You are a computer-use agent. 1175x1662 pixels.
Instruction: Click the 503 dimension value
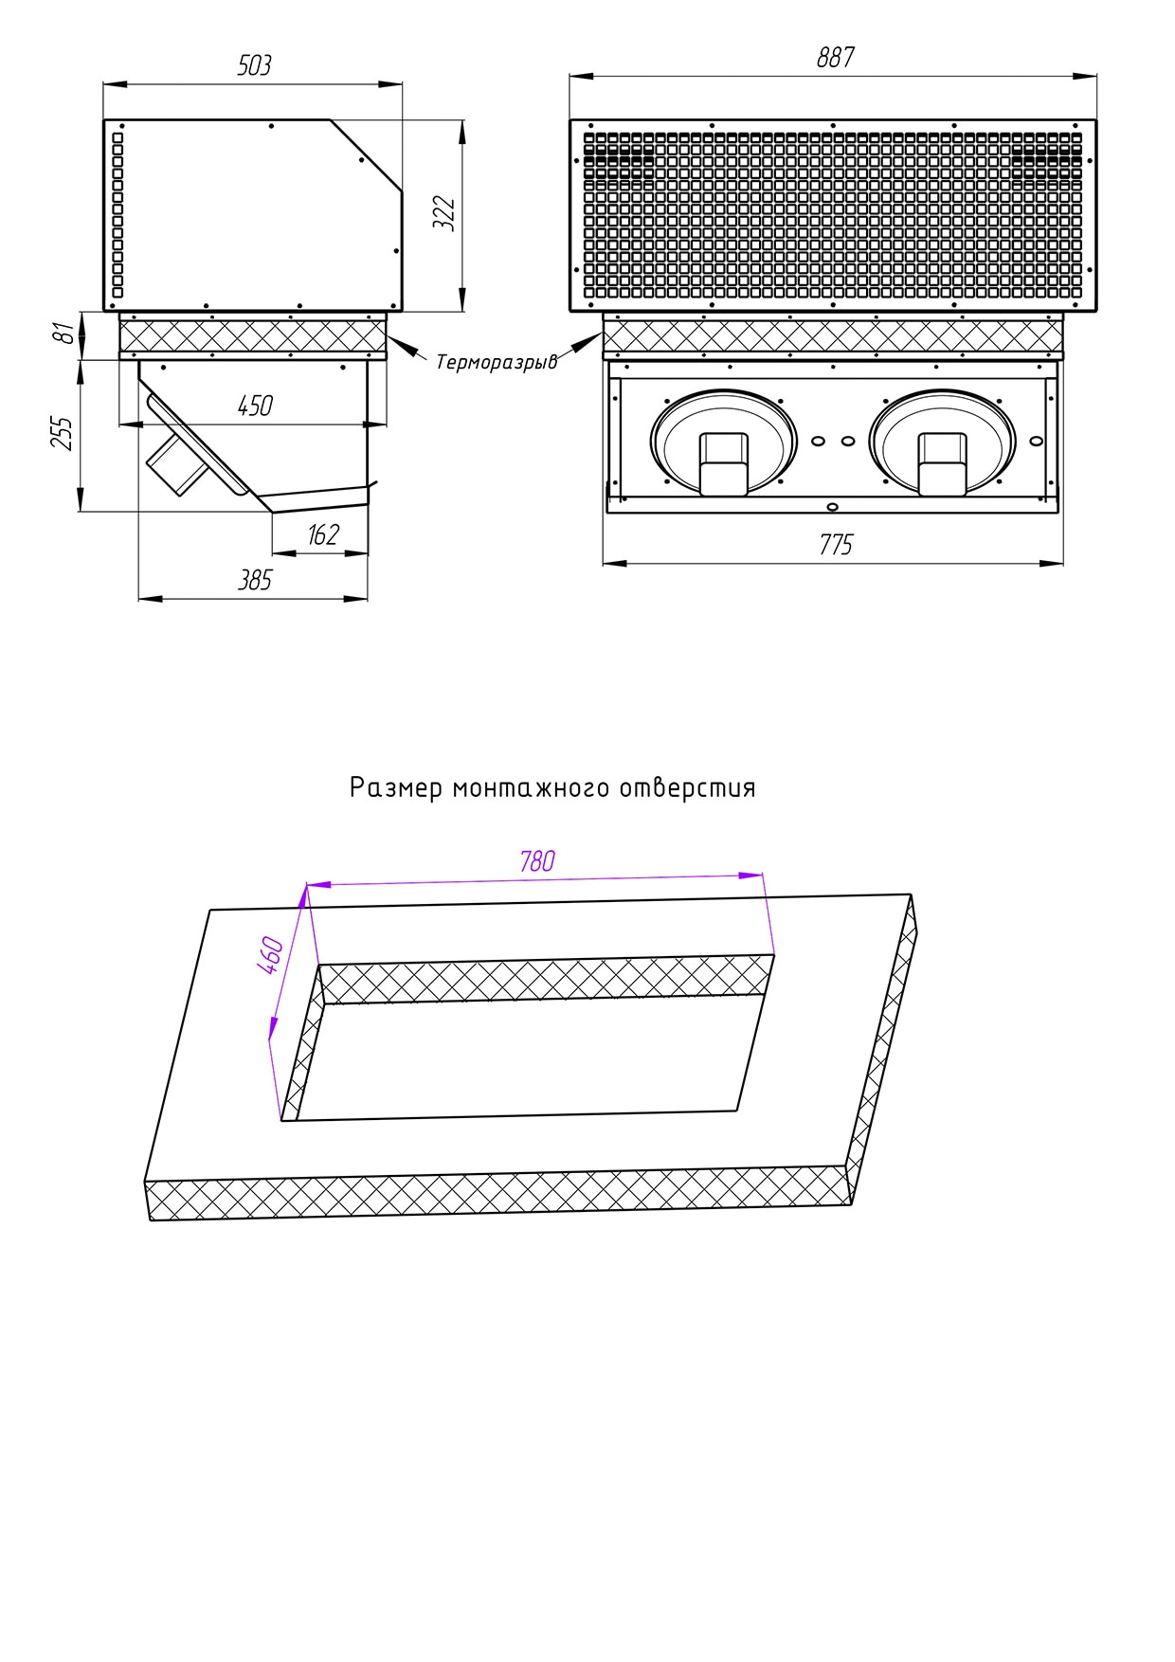(254, 65)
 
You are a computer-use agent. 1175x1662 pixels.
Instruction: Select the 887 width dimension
(836, 58)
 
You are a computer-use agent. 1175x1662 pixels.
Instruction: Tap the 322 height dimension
(444, 213)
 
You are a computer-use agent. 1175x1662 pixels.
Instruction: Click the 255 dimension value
(63, 433)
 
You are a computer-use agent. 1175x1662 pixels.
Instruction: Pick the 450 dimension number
(255, 406)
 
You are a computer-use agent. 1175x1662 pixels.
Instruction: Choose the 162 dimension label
(323, 535)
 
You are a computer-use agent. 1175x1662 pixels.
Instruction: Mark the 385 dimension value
(255, 580)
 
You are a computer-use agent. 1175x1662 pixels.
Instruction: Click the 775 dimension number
(836, 545)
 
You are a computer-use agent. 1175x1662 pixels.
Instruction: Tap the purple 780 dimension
(537, 861)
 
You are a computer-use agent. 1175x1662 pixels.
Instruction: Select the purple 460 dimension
(270, 954)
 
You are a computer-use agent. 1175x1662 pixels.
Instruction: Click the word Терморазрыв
(497, 362)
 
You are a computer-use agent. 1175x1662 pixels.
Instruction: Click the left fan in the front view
(724, 443)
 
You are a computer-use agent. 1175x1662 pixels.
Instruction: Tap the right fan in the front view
(942, 443)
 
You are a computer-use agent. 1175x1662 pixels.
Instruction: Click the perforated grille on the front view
(833, 214)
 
